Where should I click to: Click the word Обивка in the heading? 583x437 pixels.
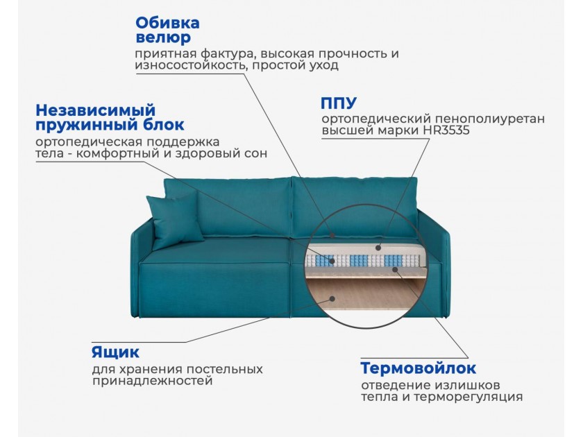(167, 23)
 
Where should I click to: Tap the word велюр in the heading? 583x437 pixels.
(163, 38)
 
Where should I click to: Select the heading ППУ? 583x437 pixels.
(339, 103)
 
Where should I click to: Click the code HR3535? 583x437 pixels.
(446, 130)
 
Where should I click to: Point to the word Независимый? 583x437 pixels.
(96, 110)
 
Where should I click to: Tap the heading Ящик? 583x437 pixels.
(115, 352)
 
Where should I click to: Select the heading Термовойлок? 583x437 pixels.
(419, 368)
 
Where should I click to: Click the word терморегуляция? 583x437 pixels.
(468, 397)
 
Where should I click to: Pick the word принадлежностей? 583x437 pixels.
(153, 381)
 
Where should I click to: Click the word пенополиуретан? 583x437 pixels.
(490, 119)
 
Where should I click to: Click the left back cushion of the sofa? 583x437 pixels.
(227, 207)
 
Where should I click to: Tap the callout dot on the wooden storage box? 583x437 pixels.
(332, 299)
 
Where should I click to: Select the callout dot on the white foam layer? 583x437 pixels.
(378, 248)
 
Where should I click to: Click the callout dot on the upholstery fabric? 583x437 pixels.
(332, 235)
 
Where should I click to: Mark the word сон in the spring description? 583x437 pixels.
(257, 153)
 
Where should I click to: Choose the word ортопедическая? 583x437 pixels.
(90, 142)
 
